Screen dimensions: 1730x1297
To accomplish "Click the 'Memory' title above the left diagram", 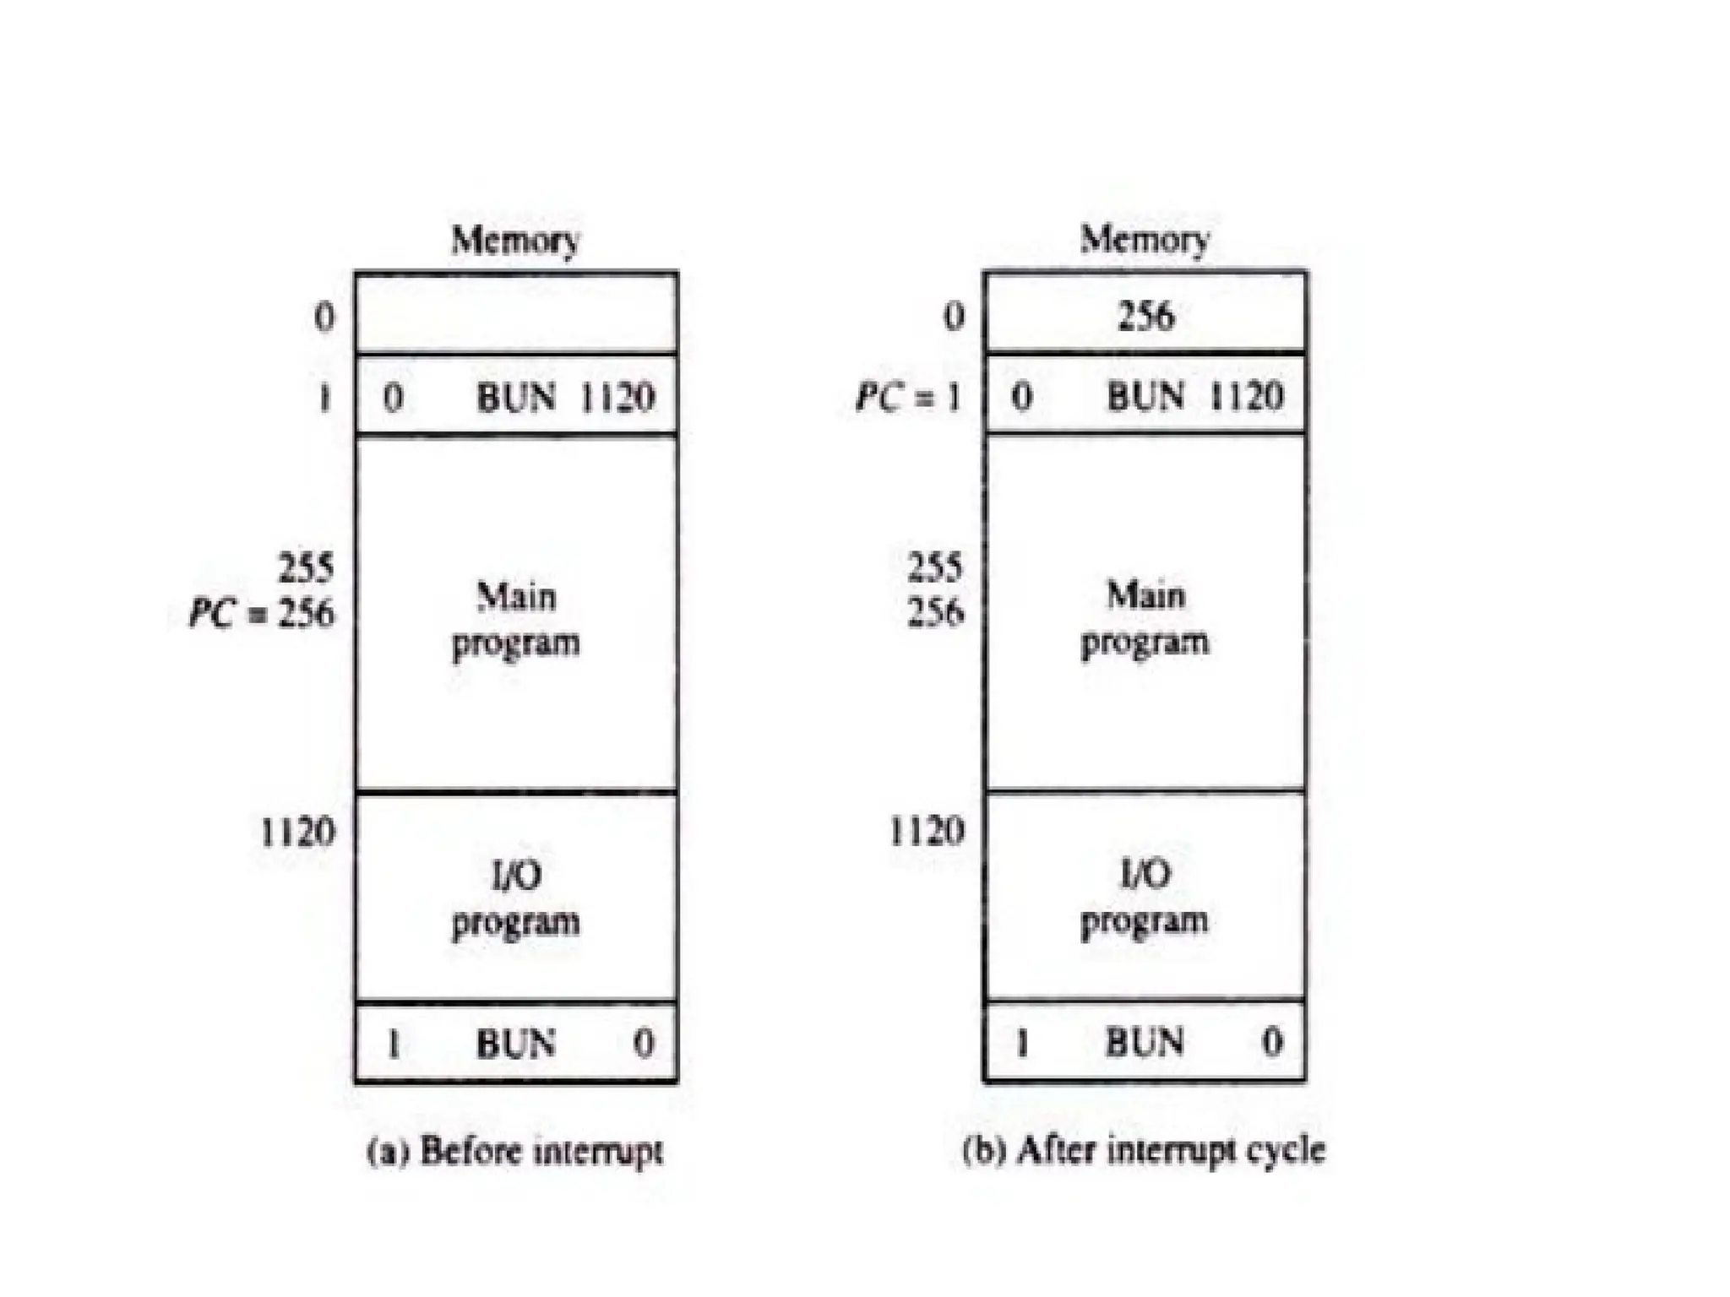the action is [x=515, y=241].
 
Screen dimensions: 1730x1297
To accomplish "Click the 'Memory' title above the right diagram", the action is [x=1145, y=239].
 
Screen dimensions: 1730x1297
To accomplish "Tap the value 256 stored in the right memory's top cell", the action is [x=1145, y=316].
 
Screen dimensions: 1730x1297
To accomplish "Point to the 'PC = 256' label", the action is [x=262, y=612].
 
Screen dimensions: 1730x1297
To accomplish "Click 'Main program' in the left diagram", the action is [x=516, y=619].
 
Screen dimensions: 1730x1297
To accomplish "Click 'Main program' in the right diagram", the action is [x=1145, y=617].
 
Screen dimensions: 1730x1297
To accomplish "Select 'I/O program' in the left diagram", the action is [x=516, y=898].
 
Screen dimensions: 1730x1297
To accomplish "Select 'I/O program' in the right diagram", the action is [x=1145, y=896].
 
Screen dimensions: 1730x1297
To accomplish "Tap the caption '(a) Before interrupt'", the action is [x=515, y=1151].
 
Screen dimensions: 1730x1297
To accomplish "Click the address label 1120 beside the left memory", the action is [x=297, y=833].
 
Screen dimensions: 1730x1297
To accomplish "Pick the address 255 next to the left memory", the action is [x=307, y=567].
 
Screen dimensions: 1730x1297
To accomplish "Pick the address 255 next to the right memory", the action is [x=935, y=567].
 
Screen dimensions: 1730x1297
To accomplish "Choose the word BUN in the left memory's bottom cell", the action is [x=516, y=1044].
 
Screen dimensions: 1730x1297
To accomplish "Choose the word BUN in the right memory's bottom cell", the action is [x=1145, y=1042].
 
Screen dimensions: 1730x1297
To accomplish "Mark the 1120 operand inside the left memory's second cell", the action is [x=617, y=397].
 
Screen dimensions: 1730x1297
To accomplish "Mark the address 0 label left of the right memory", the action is [x=954, y=316].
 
